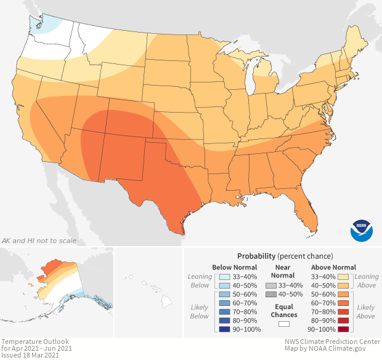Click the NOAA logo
tap(362, 230)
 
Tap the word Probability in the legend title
tap(256, 255)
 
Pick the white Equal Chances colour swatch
tap(284, 323)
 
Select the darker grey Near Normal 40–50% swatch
tap(270, 295)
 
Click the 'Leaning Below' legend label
tap(200, 281)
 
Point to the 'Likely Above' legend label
tap(366, 312)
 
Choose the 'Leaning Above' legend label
tap(367, 281)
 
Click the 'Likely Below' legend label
tap(200, 312)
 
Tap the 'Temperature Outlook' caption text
tap(35, 342)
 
